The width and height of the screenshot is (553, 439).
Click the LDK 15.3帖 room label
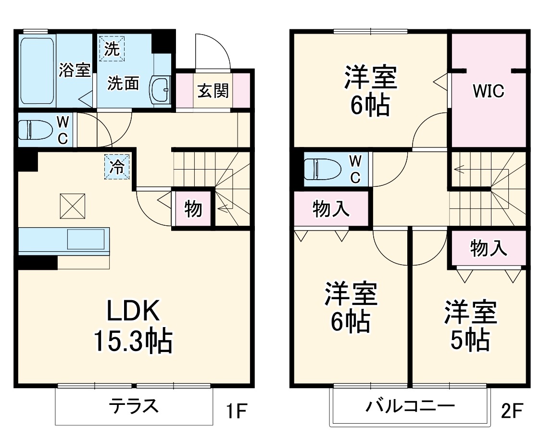[x=132, y=327]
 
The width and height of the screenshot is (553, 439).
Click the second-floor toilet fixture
[x=322, y=169]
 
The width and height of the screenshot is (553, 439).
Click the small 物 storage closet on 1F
[x=193, y=209]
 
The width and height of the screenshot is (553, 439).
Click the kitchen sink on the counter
[x=86, y=239]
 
